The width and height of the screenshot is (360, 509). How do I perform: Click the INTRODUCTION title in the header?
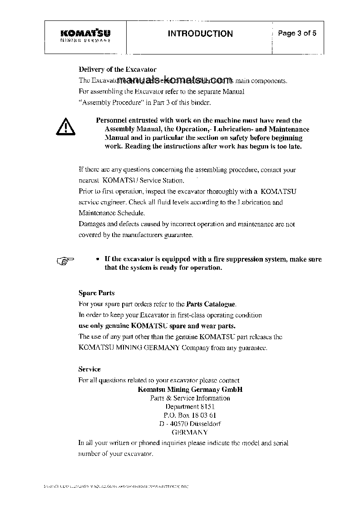[200, 34]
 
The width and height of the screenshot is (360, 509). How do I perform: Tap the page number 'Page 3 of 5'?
[297, 33]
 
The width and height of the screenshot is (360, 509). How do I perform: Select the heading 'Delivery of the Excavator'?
[118, 69]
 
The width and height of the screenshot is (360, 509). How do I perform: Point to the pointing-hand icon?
[65, 260]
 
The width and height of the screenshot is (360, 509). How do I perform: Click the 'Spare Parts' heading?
[97, 293]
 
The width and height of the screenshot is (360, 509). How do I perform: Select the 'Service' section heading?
[89, 369]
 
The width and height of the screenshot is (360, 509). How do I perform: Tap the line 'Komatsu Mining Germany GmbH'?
[190, 389]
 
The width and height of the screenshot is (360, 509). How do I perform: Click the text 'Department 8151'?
[190, 406]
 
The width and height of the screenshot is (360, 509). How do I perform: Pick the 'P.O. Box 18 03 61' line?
[190, 415]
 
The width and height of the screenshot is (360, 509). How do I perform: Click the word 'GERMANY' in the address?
[190, 432]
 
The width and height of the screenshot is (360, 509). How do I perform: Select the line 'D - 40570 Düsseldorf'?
[190, 424]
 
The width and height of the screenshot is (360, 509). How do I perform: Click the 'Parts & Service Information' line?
[190, 398]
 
